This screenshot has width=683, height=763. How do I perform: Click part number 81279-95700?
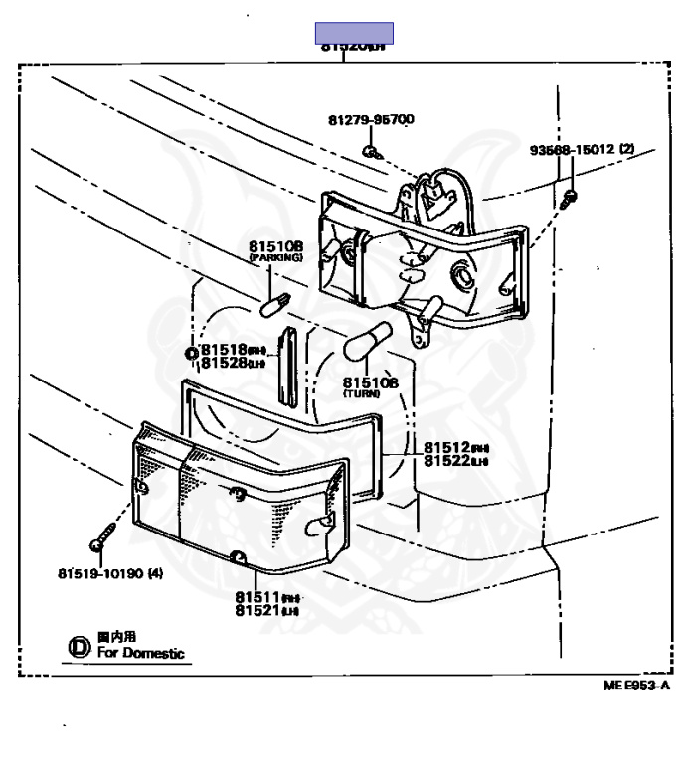(371, 120)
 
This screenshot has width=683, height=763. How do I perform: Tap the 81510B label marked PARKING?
(274, 246)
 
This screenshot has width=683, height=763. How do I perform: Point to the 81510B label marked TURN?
(370, 381)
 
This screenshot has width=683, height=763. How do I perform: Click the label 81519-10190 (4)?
(110, 574)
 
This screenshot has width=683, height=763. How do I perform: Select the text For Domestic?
(140, 653)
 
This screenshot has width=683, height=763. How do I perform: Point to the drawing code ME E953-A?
(636, 686)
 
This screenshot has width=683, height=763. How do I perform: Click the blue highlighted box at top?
(354, 33)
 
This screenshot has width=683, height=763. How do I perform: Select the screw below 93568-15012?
(569, 196)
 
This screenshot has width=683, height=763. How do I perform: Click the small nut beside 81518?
(190, 355)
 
